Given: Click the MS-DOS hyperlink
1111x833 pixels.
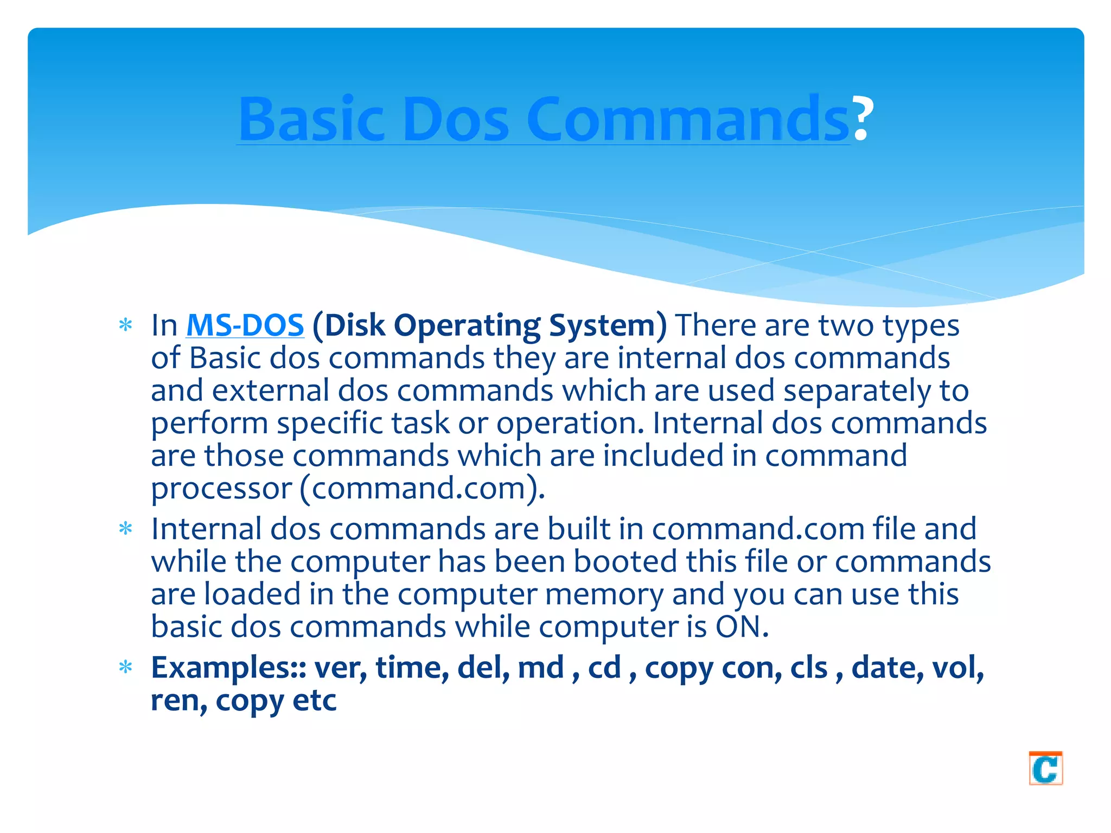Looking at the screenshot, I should pyautogui.click(x=245, y=325).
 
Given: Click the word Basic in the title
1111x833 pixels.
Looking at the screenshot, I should pyautogui.click(x=311, y=119).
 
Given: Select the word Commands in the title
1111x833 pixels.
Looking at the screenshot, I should pyautogui.click(x=687, y=119).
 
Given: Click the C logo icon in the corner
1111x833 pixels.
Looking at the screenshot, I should pyautogui.click(x=1045, y=768).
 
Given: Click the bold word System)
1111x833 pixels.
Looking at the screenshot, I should pyautogui.click(x=608, y=326).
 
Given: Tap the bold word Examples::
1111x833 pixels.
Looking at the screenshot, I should pyautogui.click(x=228, y=668).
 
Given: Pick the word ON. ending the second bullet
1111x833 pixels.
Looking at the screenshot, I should pyautogui.click(x=742, y=627).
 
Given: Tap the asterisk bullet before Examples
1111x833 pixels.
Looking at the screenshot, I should pyautogui.click(x=126, y=667).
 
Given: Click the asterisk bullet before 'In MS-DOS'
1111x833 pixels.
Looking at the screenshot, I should pyautogui.click(x=126, y=325).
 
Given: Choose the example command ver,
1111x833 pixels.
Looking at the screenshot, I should pyautogui.click(x=341, y=668).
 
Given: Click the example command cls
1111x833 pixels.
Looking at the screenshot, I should pyautogui.click(x=808, y=668).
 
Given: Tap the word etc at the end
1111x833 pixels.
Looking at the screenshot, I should pyautogui.click(x=315, y=701).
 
